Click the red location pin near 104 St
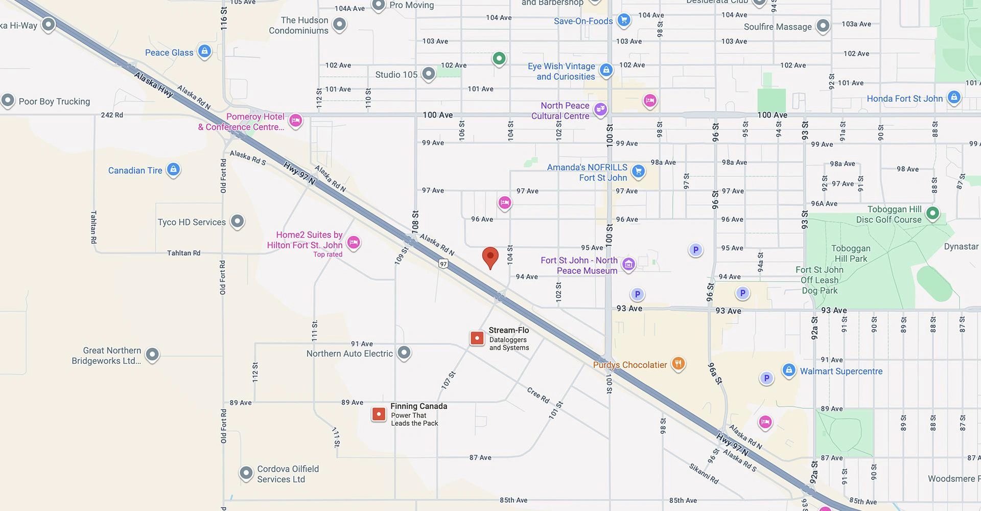(490, 257)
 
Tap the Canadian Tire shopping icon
(174, 169)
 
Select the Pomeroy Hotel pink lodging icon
(296, 121)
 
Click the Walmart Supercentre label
(841, 371)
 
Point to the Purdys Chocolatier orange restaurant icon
(678, 364)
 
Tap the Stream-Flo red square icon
(477, 338)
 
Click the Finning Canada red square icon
(379, 414)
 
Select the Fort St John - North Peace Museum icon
(629, 264)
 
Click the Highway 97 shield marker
(443, 264)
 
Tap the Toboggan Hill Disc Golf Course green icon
(932, 213)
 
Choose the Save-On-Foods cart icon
(623, 20)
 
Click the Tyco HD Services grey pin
(237, 221)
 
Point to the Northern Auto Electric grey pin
(404, 352)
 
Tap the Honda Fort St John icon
(954, 97)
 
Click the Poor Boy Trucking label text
(54, 101)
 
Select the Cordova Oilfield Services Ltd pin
(246, 473)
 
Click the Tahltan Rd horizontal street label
(183, 253)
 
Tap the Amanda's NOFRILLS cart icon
(638, 171)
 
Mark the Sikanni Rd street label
(704, 474)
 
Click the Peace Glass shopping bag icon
(204, 51)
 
